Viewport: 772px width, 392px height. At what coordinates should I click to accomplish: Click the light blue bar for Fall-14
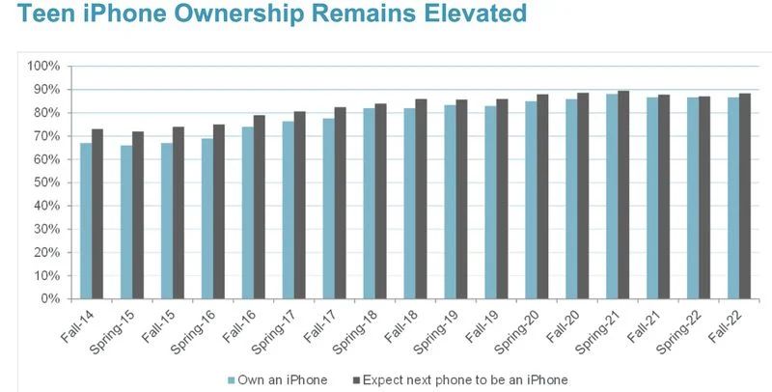pos(86,221)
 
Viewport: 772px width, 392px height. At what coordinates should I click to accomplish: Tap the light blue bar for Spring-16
pos(207,218)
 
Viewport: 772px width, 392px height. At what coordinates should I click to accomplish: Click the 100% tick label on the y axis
pos(45,66)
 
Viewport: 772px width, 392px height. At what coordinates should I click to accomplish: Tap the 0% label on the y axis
pos(52,299)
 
